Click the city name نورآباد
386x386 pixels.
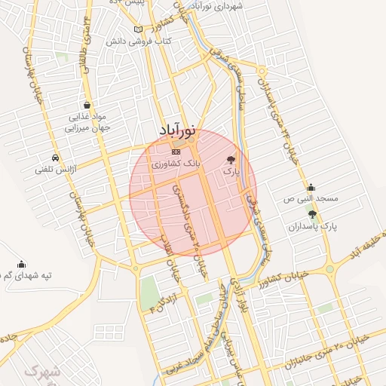[x=178, y=130]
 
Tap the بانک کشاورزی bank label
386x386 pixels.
[x=181, y=162]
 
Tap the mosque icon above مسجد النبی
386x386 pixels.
[x=311, y=187]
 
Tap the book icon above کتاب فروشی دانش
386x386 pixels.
[x=137, y=29]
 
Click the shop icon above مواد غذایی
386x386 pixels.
[x=88, y=105]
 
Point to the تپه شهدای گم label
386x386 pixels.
[x=25, y=276]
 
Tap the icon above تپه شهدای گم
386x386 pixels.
[x=21, y=264]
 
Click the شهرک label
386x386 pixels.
[x=41, y=371]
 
